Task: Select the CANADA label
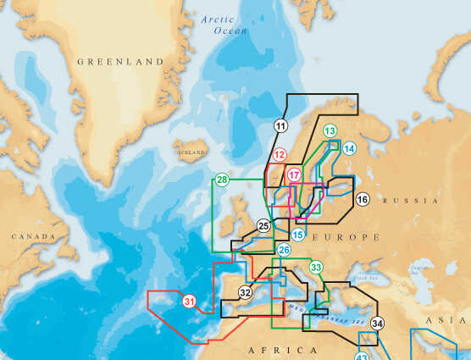point(32,237)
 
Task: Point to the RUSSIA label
point(411,201)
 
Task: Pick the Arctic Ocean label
point(224,25)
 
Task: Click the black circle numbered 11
point(281,126)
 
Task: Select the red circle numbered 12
point(280,155)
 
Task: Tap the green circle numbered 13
point(330,130)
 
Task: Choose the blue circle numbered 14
point(349,148)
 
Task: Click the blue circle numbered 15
point(297,234)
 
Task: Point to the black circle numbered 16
point(362,200)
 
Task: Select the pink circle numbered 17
point(294,175)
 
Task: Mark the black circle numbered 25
point(263,225)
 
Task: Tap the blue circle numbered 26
point(284,250)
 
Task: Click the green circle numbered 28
point(222,180)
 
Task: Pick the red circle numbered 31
point(189,301)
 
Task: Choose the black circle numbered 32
point(245,293)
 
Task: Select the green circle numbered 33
point(316,268)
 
